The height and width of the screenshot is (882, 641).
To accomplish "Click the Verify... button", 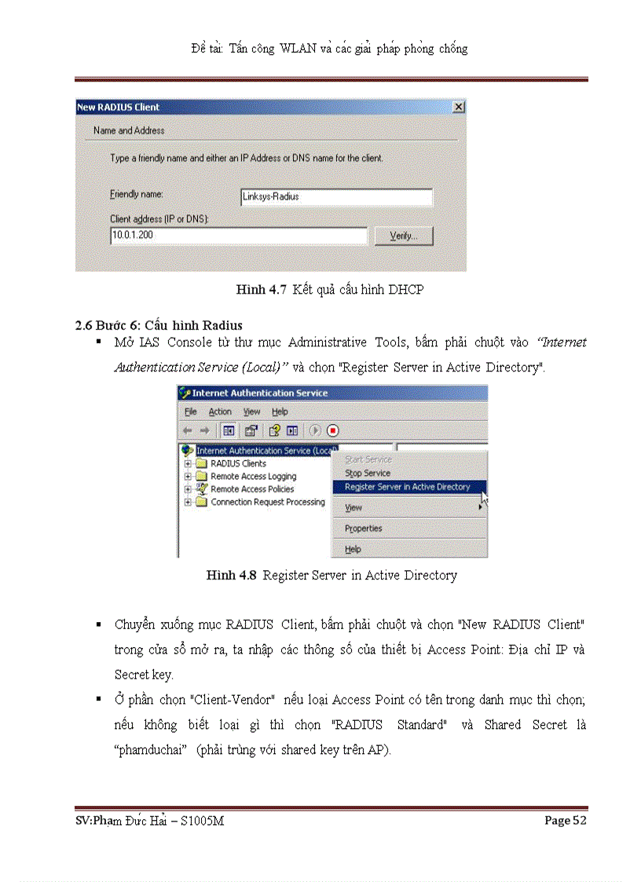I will (404, 236).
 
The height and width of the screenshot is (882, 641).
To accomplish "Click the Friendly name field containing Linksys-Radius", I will (336, 197).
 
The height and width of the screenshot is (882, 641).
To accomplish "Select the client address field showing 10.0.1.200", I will (238, 236).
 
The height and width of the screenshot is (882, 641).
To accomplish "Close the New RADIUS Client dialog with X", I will (458, 107).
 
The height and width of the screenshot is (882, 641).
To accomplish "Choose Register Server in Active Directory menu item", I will (407, 487).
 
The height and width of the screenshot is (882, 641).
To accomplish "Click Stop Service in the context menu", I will (368, 474).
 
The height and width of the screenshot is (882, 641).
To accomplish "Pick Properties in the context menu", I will (364, 529).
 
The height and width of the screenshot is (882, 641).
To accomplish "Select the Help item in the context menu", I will (353, 550).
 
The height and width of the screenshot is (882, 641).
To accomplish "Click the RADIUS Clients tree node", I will (238, 463).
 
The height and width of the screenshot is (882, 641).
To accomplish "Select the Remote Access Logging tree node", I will (253, 477).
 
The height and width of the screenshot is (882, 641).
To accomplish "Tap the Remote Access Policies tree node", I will (252, 489).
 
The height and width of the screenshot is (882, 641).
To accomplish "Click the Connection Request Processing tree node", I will (267, 502).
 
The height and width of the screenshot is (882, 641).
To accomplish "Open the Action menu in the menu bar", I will (220, 412).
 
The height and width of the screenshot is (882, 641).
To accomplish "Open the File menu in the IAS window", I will (190, 412).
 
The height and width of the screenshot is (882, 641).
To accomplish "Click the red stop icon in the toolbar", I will (332, 430).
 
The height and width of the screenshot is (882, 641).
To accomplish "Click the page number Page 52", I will (566, 821).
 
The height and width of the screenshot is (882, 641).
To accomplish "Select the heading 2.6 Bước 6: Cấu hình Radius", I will (159, 325).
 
